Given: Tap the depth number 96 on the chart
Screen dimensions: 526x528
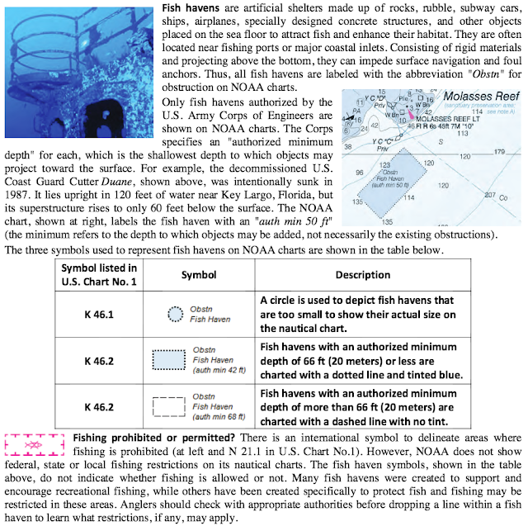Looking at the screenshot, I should (x=359, y=173).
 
